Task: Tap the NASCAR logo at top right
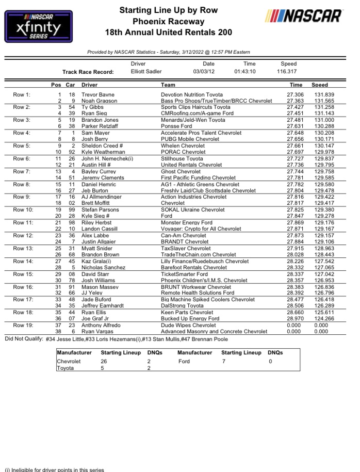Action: click(303, 16)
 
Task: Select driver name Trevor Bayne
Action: click(99, 95)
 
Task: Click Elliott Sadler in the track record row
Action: click(146, 72)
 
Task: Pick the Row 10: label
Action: click(24, 210)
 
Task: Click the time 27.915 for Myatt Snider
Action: click(296, 249)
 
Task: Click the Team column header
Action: click(168, 85)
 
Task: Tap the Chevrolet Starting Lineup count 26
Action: click(104, 362)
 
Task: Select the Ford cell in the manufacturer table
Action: click(184, 362)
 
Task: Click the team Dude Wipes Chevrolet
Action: click(188, 325)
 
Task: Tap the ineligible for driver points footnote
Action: click(55, 469)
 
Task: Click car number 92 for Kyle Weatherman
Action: click(72, 153)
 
